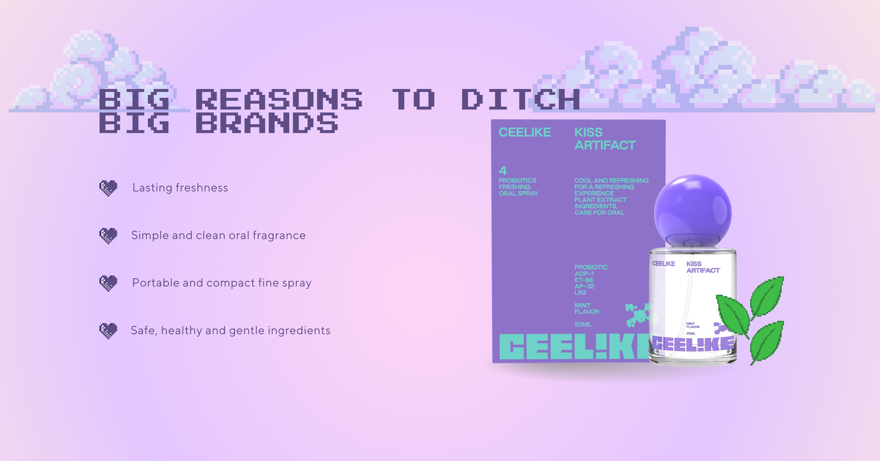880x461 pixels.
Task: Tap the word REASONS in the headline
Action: (279, 100)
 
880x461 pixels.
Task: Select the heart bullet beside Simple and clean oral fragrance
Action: (108, 236)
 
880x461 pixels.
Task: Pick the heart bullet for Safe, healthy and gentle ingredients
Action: (108, 331)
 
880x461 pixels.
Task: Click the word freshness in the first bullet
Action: (202, 187)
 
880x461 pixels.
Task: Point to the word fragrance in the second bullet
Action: (279, 236)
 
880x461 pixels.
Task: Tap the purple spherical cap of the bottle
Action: (693, 211)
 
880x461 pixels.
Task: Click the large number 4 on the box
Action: (503, 170)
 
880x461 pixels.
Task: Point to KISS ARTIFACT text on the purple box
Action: (605, 139)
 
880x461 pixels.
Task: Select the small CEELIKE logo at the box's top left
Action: (525, 132)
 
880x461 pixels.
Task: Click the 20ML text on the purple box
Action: (583, 324)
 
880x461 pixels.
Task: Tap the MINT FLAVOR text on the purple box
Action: (587, 309)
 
